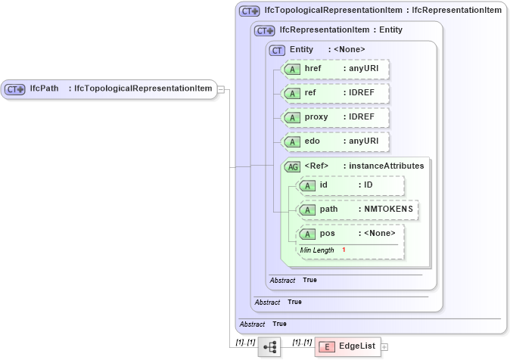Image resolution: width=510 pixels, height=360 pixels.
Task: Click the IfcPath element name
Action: click(x=44, y=88)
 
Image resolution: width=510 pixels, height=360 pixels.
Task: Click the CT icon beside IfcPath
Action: click(x=15, y=88)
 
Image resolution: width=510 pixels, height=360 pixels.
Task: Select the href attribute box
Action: click(x=334, y=69)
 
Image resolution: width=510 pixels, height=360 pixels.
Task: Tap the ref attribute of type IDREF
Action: click(x=334, y=93)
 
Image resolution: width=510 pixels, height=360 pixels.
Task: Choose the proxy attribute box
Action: click(x=334, y=117)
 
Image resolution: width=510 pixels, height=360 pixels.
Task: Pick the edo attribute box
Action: click(x=334, y=141)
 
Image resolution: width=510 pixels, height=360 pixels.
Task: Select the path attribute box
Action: click(x=357, y=209)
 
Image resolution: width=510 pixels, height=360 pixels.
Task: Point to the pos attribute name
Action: click(x=328, y=234)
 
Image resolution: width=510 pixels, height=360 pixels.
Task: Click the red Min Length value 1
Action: click(x=343, y=250)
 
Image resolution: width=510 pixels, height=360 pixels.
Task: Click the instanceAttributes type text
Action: click(x=386, y=166)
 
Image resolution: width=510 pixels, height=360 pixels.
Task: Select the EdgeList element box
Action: click(x=347, y=346)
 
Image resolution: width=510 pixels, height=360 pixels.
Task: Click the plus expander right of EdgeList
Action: click(x=384, y=347)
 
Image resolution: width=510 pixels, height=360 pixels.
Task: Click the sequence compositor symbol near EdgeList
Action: click(x=269, y=346)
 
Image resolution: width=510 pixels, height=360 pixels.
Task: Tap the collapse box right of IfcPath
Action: click(x=220, y=88)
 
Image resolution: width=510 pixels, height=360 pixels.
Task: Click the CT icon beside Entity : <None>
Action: click(x=278, y=50)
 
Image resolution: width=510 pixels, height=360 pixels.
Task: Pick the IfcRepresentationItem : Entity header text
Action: click(x=341, y=30)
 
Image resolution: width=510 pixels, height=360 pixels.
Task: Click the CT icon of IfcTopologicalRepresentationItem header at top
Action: click(x=249, y=11)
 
